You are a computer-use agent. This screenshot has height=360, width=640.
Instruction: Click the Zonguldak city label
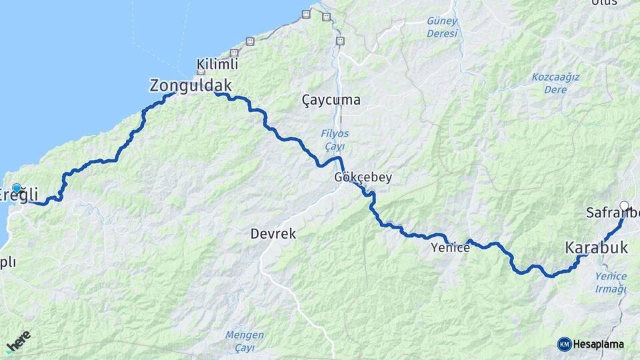[191, 85]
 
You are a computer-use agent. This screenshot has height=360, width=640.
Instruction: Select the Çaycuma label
[331, 100]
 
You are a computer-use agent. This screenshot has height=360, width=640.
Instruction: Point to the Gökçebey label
[363, 178]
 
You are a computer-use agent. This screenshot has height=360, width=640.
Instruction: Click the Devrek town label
[273, 234]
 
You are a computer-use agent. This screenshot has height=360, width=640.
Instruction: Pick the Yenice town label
[451, 247]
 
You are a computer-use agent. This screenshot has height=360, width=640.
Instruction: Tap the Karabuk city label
[597, 247]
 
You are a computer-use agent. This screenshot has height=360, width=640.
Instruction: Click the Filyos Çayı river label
[336, 139]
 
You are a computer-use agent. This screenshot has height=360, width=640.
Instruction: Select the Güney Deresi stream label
[443, 26]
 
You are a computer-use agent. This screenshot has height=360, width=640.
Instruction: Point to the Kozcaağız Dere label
[555, 83]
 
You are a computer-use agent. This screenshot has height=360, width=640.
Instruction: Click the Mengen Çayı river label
[244, 340]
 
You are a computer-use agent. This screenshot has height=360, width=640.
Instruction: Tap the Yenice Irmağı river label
[611, 283]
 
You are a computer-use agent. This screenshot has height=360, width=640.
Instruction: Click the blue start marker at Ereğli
[17, 189]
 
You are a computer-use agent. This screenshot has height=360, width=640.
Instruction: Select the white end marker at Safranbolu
[624, 206]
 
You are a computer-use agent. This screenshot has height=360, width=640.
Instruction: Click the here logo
[18, 341]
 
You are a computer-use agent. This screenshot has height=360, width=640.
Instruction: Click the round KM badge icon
[565, 345]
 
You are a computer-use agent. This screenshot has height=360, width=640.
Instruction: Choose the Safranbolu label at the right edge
[613, 213]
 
